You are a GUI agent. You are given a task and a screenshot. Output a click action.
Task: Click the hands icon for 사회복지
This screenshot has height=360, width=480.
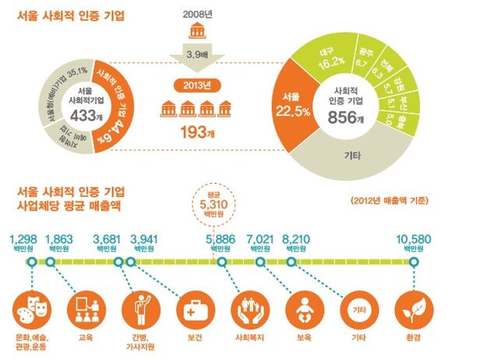pyautogui.click(x=249, y=308)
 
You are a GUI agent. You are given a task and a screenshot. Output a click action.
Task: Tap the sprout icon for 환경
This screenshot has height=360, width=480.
pyautogui.click(x=412, y=308)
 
